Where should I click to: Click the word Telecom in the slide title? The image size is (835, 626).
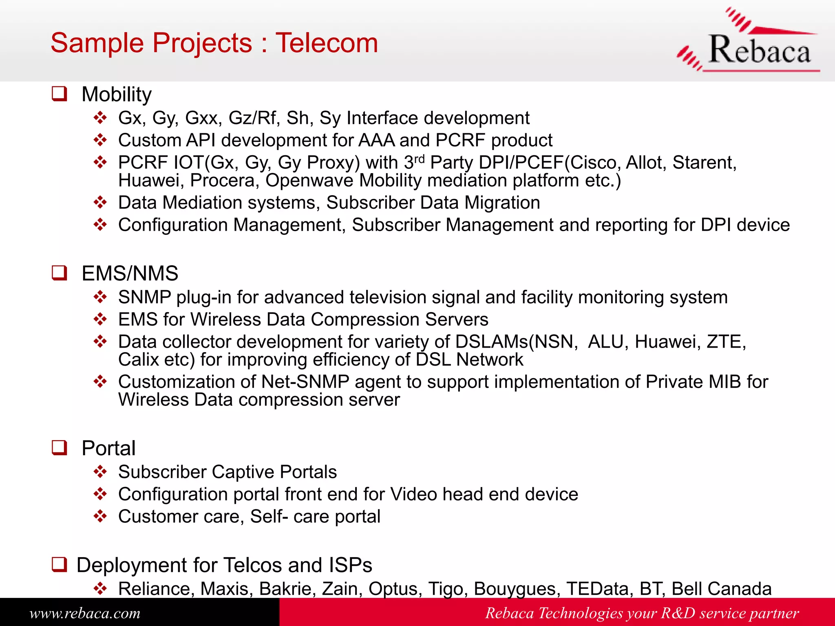327,43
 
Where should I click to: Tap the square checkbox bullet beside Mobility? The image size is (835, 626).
60,94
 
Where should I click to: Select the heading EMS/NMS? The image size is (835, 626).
130,273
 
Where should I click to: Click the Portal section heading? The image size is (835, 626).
108,448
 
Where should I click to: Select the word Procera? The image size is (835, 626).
223,181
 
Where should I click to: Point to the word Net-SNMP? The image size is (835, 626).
305,382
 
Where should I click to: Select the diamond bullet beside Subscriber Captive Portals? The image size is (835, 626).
100,472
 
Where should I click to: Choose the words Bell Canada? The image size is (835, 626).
721,589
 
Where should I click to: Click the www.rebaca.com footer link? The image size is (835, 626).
85,613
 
